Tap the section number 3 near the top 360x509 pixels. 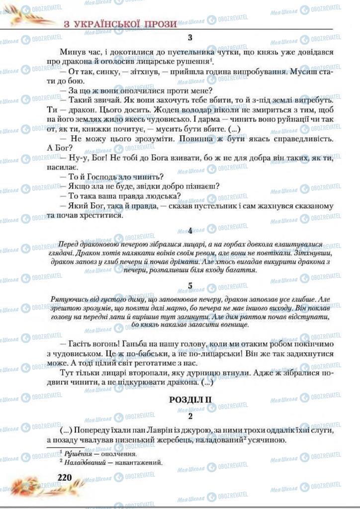coord(190,37)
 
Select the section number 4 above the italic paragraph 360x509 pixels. coord(190,231)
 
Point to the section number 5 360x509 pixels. coord(190,285)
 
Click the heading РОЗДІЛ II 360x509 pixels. coord(191,399)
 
